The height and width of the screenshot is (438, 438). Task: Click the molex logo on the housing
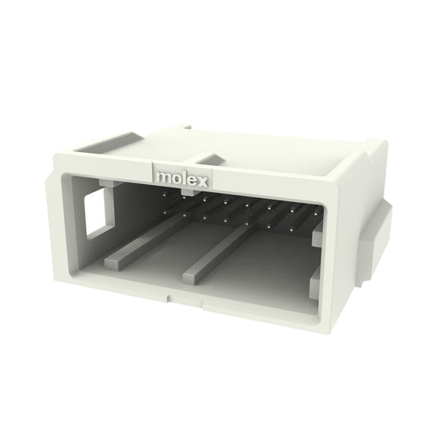(182, 179)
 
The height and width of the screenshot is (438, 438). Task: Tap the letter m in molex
(164, 178)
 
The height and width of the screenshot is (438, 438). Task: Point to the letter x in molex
(203, 182)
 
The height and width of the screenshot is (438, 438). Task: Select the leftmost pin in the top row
(164, 196)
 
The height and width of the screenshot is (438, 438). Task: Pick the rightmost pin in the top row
(316, 214)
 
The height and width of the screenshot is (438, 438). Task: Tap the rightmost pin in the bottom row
(291, 230)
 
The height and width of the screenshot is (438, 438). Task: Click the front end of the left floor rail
(113, 265)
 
